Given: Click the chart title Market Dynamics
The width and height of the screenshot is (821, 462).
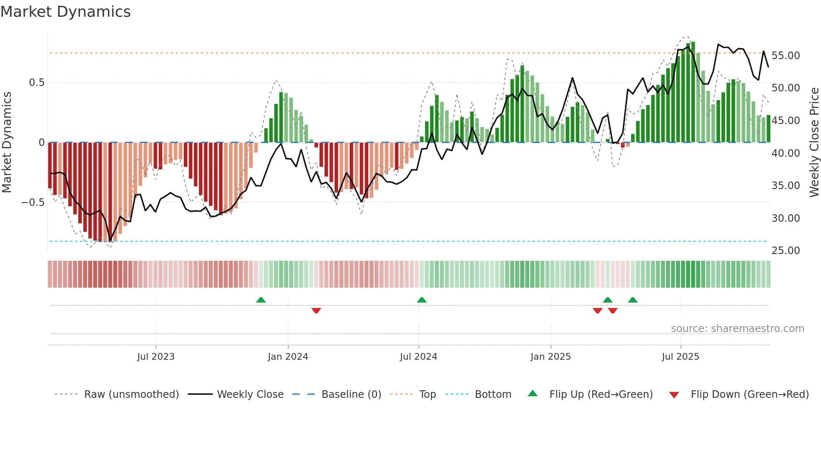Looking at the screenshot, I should [x=65, y=12].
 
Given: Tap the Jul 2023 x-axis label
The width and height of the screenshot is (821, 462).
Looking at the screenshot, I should [x=155, y=357].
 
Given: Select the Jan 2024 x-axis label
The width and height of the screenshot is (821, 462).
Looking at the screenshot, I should [x=288, y=357].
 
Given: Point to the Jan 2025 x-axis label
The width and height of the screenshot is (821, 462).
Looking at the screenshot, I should [x=550, y=357].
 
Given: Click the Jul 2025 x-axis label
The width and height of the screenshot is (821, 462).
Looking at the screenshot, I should [x=680, y=357].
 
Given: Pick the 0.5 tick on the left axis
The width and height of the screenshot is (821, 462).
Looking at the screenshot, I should [x=36, y=83].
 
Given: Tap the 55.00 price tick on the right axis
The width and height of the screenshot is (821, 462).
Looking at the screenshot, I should [x=785, y=56].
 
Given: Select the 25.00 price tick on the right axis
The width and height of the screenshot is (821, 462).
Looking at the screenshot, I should [x=785, y=251].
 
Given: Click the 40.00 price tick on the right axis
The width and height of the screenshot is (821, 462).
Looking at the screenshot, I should [x=785, y=153].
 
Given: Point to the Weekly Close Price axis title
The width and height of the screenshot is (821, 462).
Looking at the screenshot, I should [x=814, y=143].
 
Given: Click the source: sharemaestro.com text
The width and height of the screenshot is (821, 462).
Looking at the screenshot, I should [x=737, y=329].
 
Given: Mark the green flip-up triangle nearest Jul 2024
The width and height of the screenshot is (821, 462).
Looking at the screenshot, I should [x=421, y=300].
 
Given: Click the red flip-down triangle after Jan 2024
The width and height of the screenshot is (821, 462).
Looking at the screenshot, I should [x=316, y=311].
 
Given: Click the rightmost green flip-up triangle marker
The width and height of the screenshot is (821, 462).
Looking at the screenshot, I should [x=633, y=300].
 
